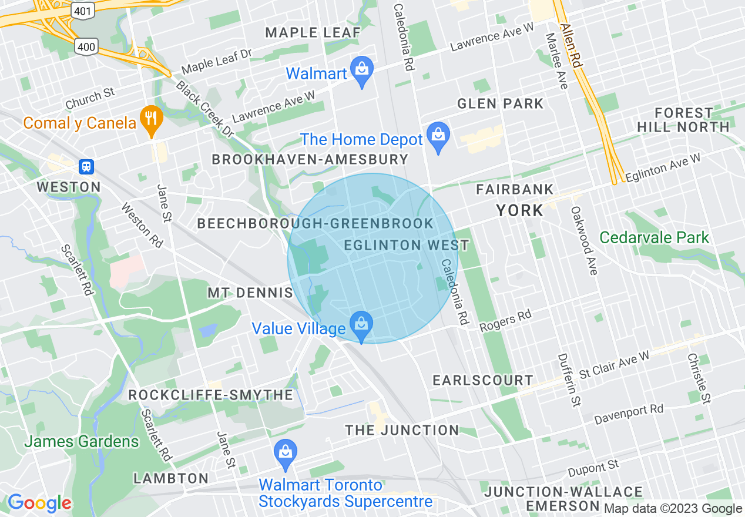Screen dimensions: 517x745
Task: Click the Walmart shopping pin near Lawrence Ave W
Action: pos(362,70)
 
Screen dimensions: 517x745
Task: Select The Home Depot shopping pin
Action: pos(438,136)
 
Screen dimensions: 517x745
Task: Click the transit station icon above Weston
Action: pos(86,167)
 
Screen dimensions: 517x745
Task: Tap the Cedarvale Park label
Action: pos(654,237)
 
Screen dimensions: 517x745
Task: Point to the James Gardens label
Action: pos(82,441)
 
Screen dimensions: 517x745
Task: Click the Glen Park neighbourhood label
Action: pos(501,104)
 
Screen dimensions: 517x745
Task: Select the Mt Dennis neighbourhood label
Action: pos(250,293)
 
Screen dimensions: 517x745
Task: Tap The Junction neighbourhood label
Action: pos(402,430)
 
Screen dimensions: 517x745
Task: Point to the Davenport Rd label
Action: pos(628,415)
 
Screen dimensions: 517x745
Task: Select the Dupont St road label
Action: pos(593,469)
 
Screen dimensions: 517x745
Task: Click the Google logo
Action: pos(39,503)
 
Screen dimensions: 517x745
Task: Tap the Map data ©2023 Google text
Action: pos(673,509)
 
